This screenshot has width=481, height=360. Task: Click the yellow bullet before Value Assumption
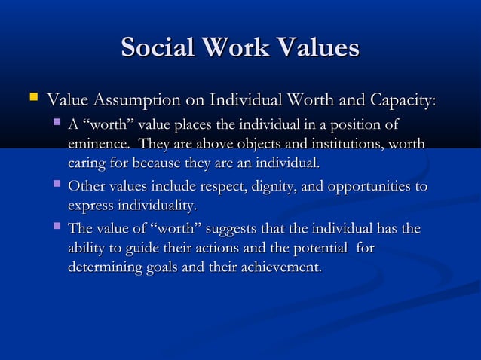click(x=32, y=98)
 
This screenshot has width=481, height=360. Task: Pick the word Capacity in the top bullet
click(x=406, y=100)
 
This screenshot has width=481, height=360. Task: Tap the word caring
click(x=86, y=163)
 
